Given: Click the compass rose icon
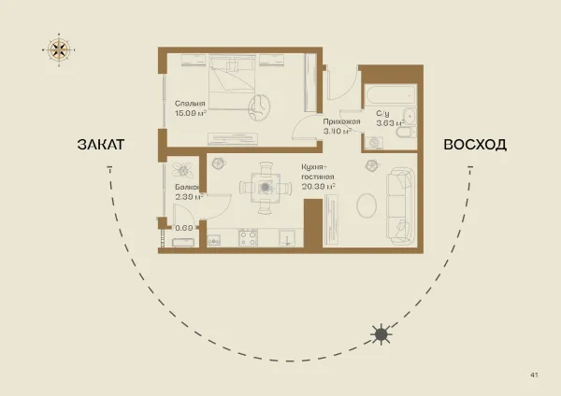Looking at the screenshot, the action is pos(59,49).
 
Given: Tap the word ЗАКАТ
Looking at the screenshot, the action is pos(101,145).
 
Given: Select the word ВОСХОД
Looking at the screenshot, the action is pos(475,145).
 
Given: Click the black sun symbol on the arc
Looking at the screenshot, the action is pos(381,334).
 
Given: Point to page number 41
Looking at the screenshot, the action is pos(534,375).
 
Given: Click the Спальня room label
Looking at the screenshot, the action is pos(190,104).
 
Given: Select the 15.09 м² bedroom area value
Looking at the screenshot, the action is pos(191,113).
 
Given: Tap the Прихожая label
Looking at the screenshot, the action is pos(341,121).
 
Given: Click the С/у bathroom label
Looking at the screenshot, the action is pos(382,114).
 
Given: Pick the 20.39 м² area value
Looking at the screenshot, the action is pos(319,186).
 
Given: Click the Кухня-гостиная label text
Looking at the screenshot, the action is pos(317,172).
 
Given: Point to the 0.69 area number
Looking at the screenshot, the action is pos(184,228).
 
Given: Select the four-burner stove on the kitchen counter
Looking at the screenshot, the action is pos(249,237).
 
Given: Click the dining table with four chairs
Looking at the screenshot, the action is pos(266,188).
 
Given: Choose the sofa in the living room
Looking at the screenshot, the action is pos(401,206).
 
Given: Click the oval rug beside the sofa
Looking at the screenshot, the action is pos(367,205).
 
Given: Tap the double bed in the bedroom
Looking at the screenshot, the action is pos(233,82).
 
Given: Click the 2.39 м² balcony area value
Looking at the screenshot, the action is pos(189,196).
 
